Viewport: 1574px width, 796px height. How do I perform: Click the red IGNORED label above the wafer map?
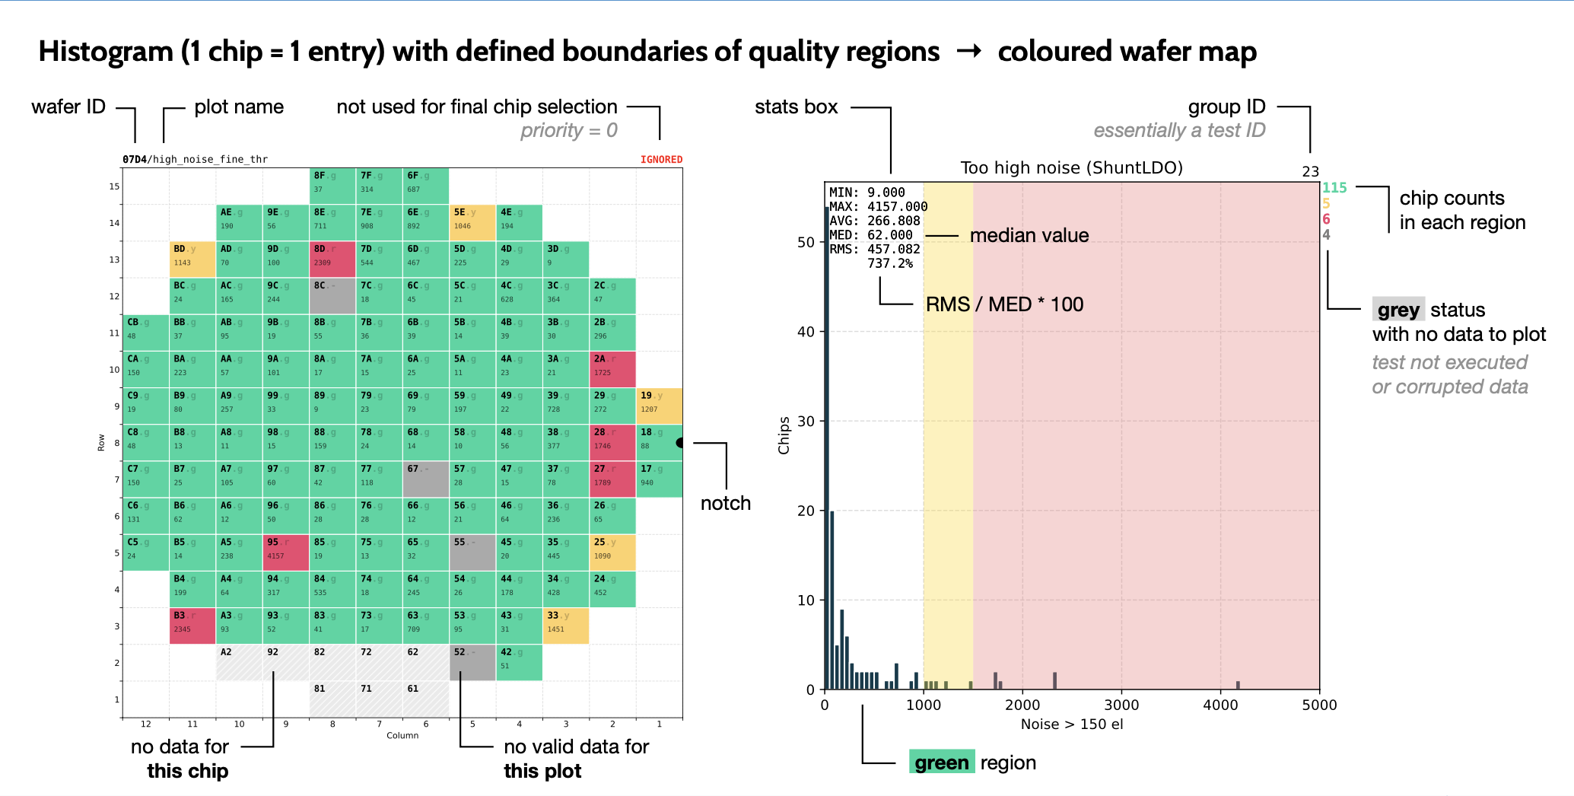(x=661, y=159)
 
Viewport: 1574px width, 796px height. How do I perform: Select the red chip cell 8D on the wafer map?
(x=332, y=259)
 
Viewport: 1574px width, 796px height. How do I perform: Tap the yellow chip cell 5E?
(x=472, y=222)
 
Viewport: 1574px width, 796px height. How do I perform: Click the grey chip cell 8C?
(x=332, y=295)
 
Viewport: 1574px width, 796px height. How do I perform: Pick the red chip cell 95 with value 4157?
(x=285, y=552)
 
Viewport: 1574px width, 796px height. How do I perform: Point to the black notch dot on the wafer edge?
(x=680, y=442)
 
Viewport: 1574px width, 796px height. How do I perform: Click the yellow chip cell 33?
(x=565, y=626)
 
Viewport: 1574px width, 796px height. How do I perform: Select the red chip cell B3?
(x=192, y=626)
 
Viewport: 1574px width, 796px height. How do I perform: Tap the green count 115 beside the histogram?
(x=1334, y=187)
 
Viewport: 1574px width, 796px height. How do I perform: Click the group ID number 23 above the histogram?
(x=1310, y=171)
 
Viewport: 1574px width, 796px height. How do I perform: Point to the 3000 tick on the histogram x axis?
(x=1121, y=705)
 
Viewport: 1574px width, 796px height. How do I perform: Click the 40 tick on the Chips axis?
(x=806, y=332)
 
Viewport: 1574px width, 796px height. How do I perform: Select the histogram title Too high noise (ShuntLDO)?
(x=1071, y=167)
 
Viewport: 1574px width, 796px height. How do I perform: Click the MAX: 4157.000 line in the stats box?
(x=878, y=206)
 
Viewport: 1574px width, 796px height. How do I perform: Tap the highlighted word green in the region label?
(x=941, y=763)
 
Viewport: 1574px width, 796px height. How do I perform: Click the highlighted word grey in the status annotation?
(x=1398, y=310)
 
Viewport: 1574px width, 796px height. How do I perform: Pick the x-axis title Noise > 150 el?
(x=1071, y=724)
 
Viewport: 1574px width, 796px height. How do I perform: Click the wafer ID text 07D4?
(x=134, y=159)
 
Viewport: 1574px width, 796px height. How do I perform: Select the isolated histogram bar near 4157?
(x=1238, y=685)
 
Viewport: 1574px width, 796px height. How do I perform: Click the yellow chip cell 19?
(x=659, y=406)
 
